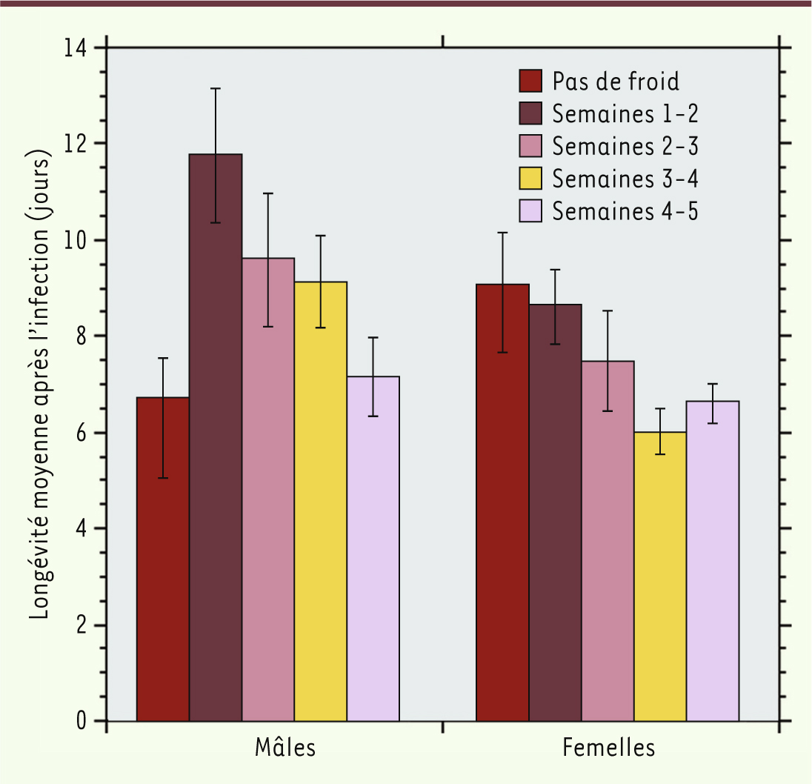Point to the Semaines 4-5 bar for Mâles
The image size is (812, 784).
click(x=373, y=548)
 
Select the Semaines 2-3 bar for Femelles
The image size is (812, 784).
click(x=608, y=541)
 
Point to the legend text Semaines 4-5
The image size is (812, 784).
click(x=625, y=211)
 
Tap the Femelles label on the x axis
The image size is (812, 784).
click(x=609, y=748)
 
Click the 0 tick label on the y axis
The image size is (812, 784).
click(x=81, y=721)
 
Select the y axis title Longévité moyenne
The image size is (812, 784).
click(x=40, y=386)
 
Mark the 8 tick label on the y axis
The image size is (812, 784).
click(x=81, y=336)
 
